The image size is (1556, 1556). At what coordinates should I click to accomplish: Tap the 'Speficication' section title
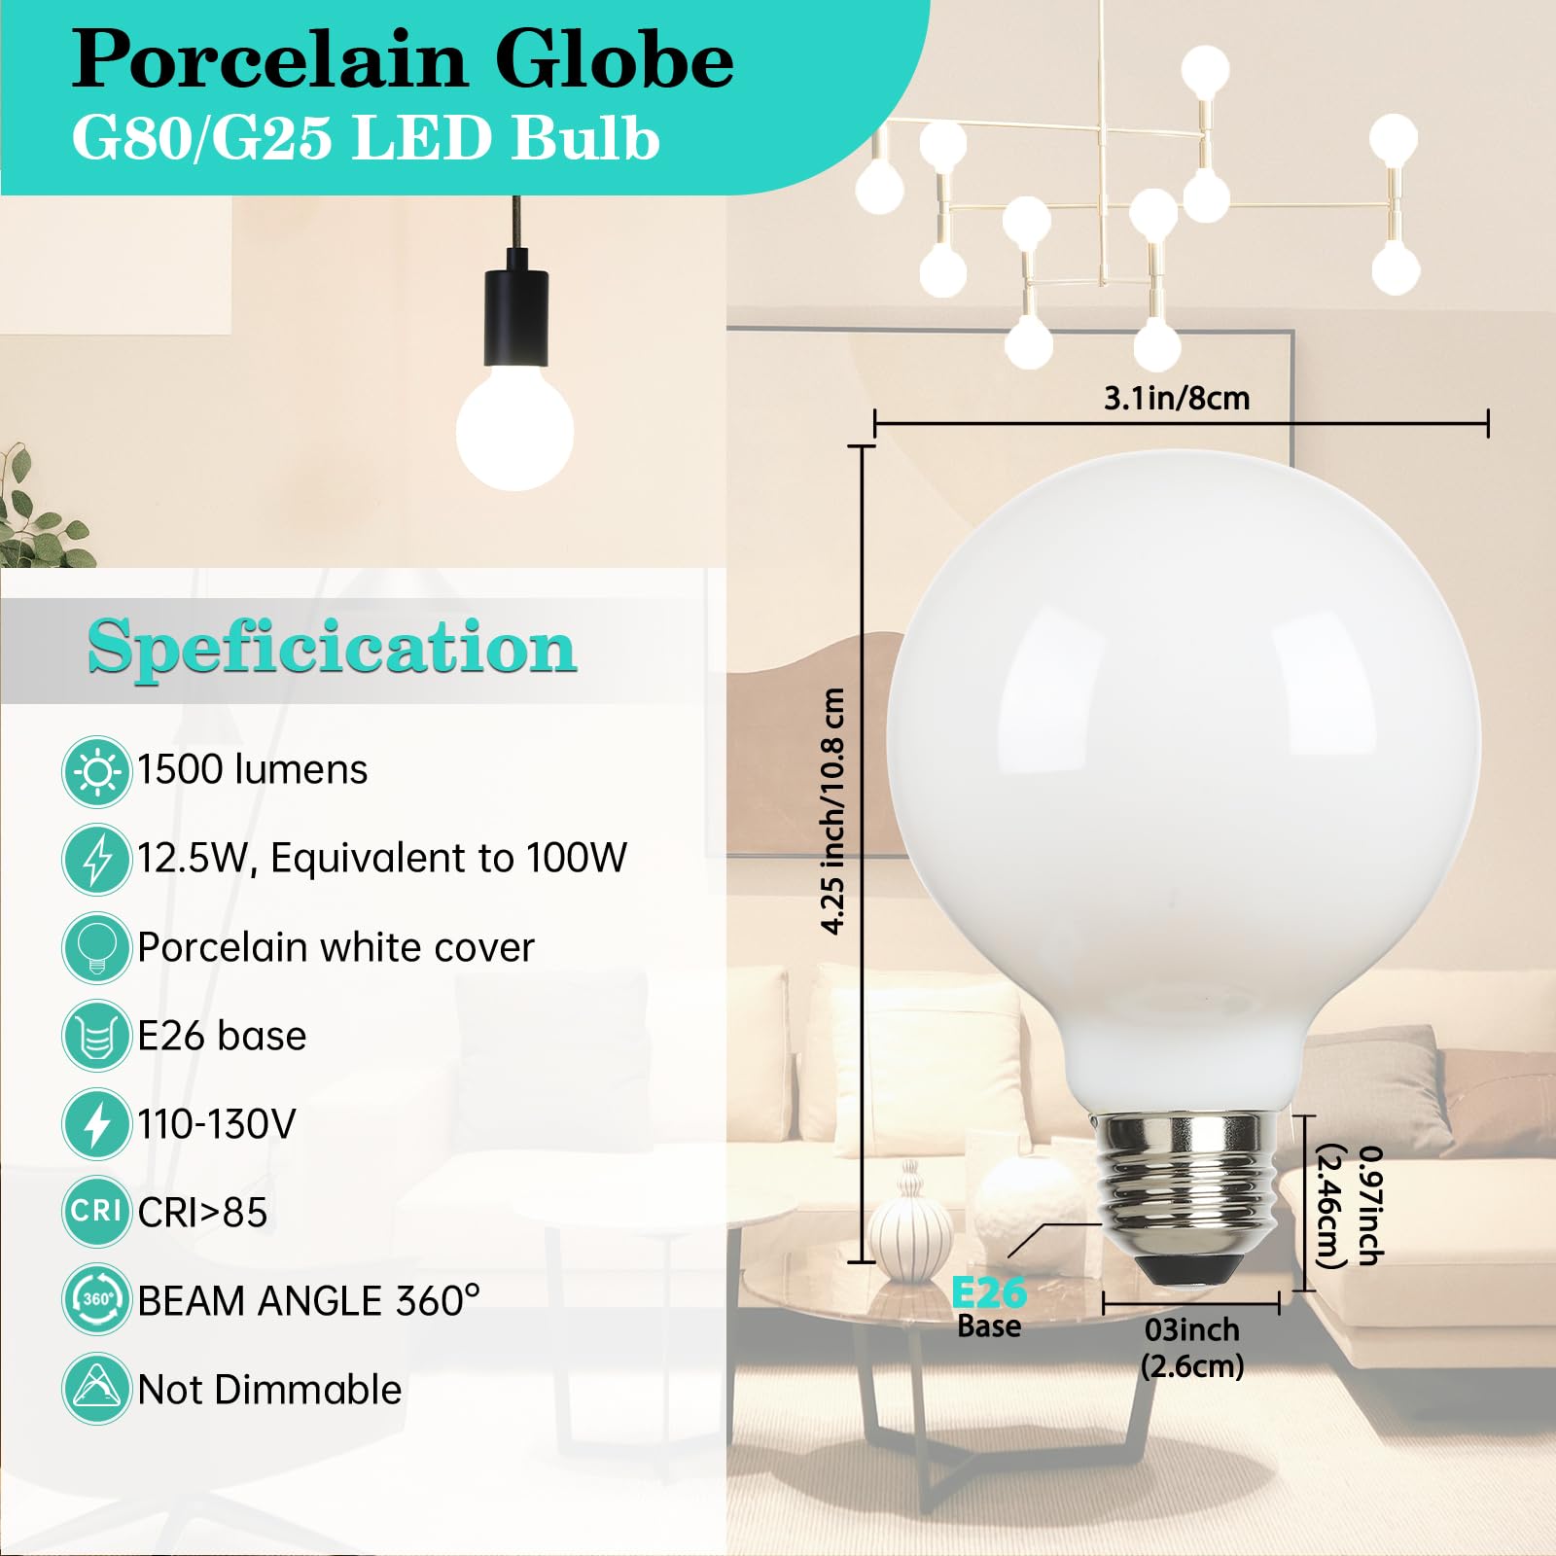(x=333, y=648)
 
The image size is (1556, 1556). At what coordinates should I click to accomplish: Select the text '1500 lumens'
(x=252, y=769)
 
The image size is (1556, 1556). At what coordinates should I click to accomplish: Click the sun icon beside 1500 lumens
(x=96, y=772)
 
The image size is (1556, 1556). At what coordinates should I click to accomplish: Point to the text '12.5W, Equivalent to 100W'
(x=382, y=858)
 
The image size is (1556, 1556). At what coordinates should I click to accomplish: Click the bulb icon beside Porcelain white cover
(x=96, y=947)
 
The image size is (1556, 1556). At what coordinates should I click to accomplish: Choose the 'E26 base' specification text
(x=222, y=1036)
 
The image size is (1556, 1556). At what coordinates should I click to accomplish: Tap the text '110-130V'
(x=216, y=1124)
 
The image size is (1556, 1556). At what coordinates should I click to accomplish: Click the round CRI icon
(x=96, y=1212)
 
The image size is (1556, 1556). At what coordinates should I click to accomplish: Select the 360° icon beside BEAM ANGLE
(x=96, y=1299)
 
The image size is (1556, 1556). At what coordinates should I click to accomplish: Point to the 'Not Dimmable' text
(x=269, y=1390)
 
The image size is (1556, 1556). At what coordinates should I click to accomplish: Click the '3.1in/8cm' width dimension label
(x=1177, y=398)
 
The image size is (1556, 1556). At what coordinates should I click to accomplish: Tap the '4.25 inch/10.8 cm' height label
(x=833, y=811)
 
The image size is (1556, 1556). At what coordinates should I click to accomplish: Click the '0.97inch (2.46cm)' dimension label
(x=1350, y=1206)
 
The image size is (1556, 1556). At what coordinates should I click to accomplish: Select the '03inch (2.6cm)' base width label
(x=1192, y=1348)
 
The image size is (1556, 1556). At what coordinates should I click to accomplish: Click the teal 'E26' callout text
(x=988, y=1293)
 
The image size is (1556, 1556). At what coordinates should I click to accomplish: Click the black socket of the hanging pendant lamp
(x=516, y=309)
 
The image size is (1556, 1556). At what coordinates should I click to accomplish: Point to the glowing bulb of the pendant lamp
(x=514, y=427)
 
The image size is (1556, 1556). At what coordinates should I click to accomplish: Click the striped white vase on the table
(x=910, y=1227)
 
